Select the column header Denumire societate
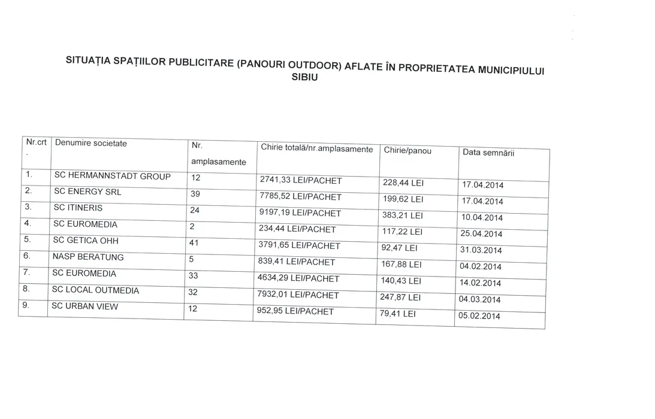91,144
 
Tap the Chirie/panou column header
408,151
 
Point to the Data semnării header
488,153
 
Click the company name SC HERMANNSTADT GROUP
112,176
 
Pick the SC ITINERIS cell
78,208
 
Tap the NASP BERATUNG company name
87,257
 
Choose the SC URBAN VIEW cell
84,306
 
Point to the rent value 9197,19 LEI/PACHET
300,212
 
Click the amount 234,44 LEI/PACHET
298,229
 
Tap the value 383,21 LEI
402,215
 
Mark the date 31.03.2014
481,250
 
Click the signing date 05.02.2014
479,316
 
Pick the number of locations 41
194,243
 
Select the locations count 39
195,194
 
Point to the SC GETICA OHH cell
86,241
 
